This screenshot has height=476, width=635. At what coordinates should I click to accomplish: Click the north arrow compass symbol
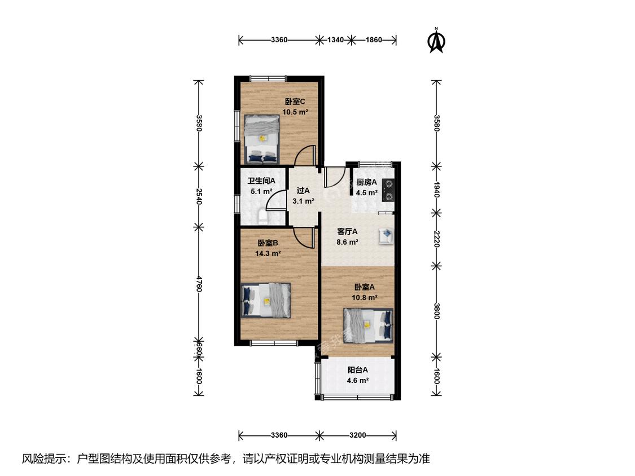tap(436, 41)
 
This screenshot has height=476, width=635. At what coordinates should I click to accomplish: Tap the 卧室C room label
tap(295, 101)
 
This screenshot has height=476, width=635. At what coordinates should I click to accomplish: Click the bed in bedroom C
tap(262, 139)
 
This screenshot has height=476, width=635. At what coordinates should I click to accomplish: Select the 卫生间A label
tap(261, 181)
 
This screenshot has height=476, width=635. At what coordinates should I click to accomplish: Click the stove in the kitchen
tap(388, 190)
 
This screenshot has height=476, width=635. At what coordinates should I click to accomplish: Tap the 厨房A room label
tap(366, 182)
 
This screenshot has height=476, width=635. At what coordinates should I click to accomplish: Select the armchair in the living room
tap(386, 236)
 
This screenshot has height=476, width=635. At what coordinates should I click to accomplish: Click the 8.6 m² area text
tap(347, 242)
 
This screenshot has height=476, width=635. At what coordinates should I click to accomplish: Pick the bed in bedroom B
tap(266, 299)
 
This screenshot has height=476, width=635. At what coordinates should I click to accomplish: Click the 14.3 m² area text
tap(268, 253)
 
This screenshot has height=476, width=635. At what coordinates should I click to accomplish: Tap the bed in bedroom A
tap(368, 325)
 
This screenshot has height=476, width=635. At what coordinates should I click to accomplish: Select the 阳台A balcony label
tap(358, 369)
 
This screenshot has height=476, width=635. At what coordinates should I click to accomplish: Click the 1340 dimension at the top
tap(335, 39)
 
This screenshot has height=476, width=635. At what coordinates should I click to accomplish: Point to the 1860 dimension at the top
tap(374, 39)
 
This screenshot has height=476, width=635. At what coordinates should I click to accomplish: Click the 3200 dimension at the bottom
tap(358, 435)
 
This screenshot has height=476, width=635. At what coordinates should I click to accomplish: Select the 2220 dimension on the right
tap(436, 239)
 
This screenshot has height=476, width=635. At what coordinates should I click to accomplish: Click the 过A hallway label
tap(303, 190)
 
